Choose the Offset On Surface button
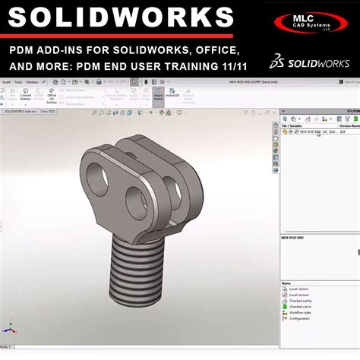pyautogui.click(x=52, y=96)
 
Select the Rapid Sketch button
pyautogui.click(x=158, y=96)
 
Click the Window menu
pyautogui.click(x=32, y=81)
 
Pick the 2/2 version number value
pyautogui.click(x=343, y=131)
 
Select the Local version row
pyautogui.click(x=299, y=289)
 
